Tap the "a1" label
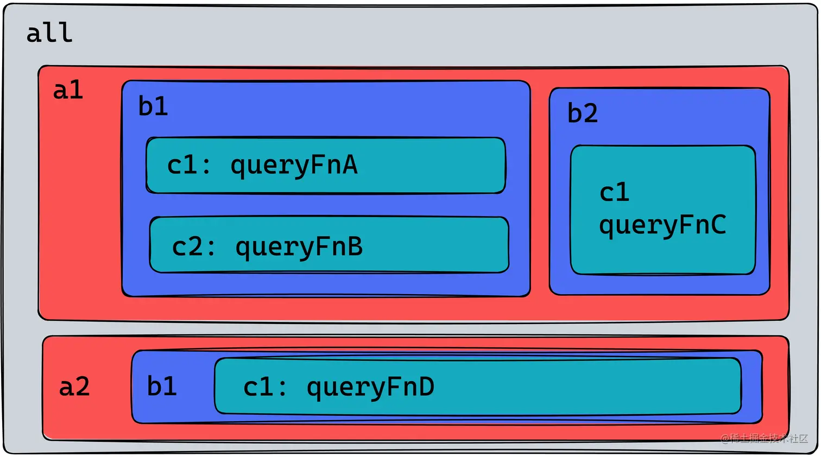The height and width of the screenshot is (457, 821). [68, 90]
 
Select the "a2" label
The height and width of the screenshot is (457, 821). [74, 386]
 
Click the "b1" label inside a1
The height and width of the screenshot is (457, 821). [153, 106]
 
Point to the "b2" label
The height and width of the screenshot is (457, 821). [583, 112]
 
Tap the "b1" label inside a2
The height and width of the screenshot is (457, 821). [162, 385]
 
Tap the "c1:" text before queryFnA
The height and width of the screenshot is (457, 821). [189, 164]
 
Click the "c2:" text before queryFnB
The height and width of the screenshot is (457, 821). [194, 246]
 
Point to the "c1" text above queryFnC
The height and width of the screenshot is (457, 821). [614, 192]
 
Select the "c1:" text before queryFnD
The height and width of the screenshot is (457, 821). [265, 386]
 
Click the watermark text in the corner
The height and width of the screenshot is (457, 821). [764, 439]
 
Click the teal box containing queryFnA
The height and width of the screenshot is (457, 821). [326, 166]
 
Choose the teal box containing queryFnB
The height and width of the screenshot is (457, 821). [329, 245]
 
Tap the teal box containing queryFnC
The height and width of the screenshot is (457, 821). [662, 210]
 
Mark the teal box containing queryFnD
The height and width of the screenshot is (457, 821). [478, 386]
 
